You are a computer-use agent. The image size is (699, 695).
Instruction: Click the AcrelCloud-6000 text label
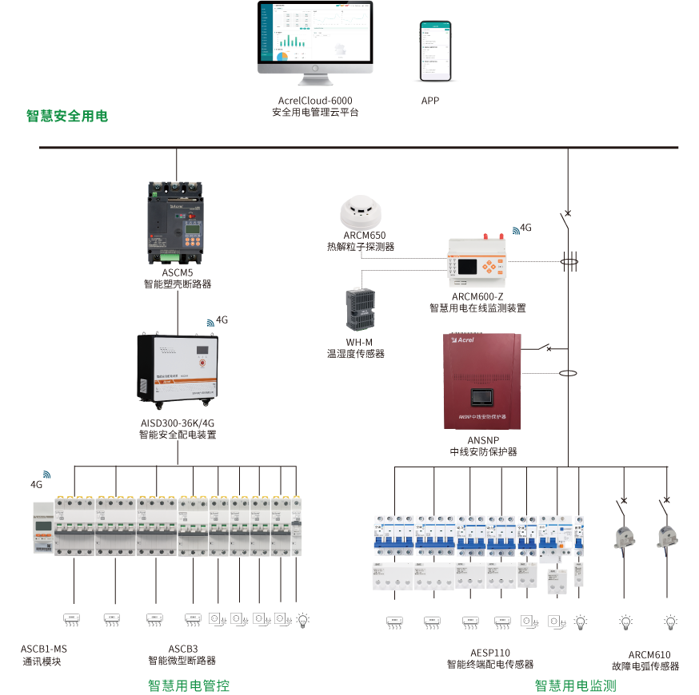click(x=315, y=101)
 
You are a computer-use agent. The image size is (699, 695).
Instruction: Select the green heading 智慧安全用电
click(x=67, y=116)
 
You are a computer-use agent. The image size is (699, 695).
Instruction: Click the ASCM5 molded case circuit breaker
click(x=177, y=222)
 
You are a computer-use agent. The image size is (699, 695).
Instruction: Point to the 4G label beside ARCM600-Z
click(x=525, y=228)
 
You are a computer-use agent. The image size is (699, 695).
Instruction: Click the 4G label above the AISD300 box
click(x=222, y=320)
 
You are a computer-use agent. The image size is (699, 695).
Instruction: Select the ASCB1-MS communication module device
click(x=42, y=527)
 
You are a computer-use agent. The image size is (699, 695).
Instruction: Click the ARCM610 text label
click(x=649, y=654)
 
